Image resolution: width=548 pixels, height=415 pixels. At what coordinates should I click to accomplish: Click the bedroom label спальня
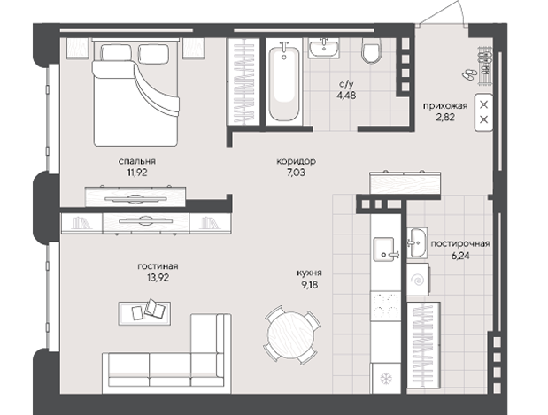136,161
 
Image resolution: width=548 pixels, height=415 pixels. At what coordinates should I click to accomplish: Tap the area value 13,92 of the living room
158,278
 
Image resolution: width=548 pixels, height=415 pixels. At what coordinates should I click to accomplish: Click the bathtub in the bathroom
283,81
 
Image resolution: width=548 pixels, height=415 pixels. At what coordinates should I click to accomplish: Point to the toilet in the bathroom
371,51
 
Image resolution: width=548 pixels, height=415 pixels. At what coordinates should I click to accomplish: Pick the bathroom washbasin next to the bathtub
324,48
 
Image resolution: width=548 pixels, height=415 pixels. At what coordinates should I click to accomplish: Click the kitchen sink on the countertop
384,249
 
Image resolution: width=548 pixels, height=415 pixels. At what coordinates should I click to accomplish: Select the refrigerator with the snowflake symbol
386,378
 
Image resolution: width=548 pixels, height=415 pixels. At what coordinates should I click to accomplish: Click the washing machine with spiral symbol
418,280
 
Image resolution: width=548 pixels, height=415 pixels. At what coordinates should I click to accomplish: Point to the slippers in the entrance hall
468,73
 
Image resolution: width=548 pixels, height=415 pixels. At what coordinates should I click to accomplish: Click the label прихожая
445,106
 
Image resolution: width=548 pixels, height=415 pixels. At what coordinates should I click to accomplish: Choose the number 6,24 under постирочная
460,256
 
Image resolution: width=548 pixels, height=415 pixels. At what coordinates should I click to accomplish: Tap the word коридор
296,161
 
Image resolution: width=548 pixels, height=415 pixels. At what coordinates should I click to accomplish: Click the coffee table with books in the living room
144,313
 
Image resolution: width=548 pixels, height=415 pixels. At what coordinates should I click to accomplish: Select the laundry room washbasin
417,242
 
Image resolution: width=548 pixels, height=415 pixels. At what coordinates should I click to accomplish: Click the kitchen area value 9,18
309,285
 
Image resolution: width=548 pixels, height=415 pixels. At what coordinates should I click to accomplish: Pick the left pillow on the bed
116,52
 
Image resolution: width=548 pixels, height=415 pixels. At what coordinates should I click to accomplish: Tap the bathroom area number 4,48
346,95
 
